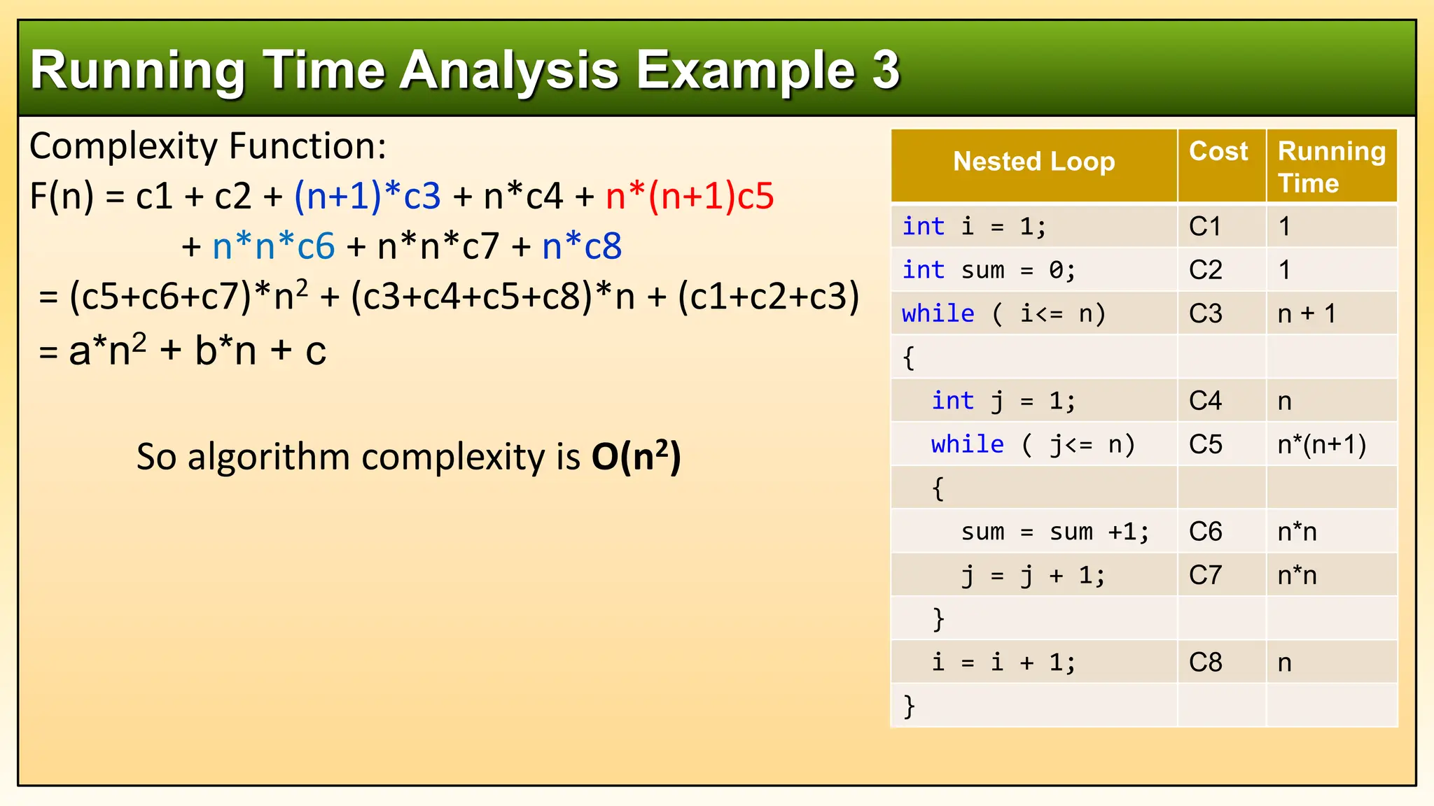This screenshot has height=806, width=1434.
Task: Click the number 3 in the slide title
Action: tap(885, 70)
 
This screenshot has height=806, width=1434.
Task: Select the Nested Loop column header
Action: tap(1033, 162)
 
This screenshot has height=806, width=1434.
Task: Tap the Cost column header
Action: tap(1218, 151)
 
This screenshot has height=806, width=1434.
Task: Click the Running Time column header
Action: tap(1330, 167)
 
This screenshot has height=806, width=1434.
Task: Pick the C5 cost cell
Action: tap(1205, 444)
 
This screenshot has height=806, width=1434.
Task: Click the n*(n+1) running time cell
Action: tap(1322, 444)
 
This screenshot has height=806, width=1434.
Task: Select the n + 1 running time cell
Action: tap(1307, 313)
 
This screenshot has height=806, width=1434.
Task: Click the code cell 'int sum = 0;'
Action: tap(988, 270)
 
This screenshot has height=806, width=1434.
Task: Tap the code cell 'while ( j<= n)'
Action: tap(1033, 444)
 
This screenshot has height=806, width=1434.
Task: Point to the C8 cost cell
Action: tap(1205, 663)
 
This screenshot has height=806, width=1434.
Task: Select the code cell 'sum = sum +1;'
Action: tap(1054, 532)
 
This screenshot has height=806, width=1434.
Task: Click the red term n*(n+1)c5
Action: tap(690, 196)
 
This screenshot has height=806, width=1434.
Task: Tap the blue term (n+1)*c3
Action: tap(368, 196)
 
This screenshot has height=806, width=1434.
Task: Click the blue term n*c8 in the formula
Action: tap(582, 246)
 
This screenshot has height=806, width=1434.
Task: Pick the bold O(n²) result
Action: tap(636, 457)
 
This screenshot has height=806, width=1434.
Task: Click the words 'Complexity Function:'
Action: tap(208, 146)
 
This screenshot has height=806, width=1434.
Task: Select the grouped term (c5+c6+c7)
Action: tap(160, 297)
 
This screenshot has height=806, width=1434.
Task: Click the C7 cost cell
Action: tap(1205, 575)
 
